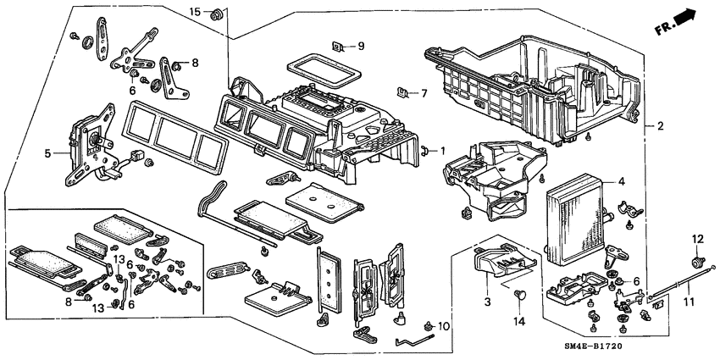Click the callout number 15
pos(194,11)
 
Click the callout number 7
pos(424,92)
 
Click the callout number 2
pos(661,126)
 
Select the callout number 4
pos(621,180)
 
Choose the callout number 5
pos(48,153)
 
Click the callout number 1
pos(441,151)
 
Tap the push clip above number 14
pos(519,295)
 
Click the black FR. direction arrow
pos(690,17)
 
